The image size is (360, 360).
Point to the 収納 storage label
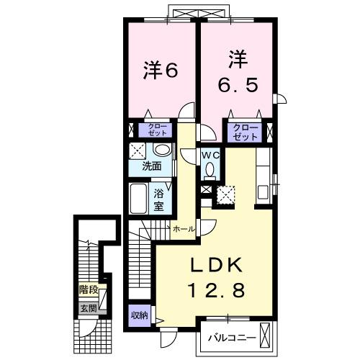point(140,315)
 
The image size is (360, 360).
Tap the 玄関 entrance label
point(87,309)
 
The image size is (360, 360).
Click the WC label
point(210,155)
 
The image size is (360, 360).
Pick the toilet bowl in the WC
point(210,170)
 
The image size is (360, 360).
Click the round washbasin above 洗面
point(163,150)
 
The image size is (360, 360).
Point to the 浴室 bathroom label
point(160,198)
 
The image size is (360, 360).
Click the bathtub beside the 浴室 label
point(140,198)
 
